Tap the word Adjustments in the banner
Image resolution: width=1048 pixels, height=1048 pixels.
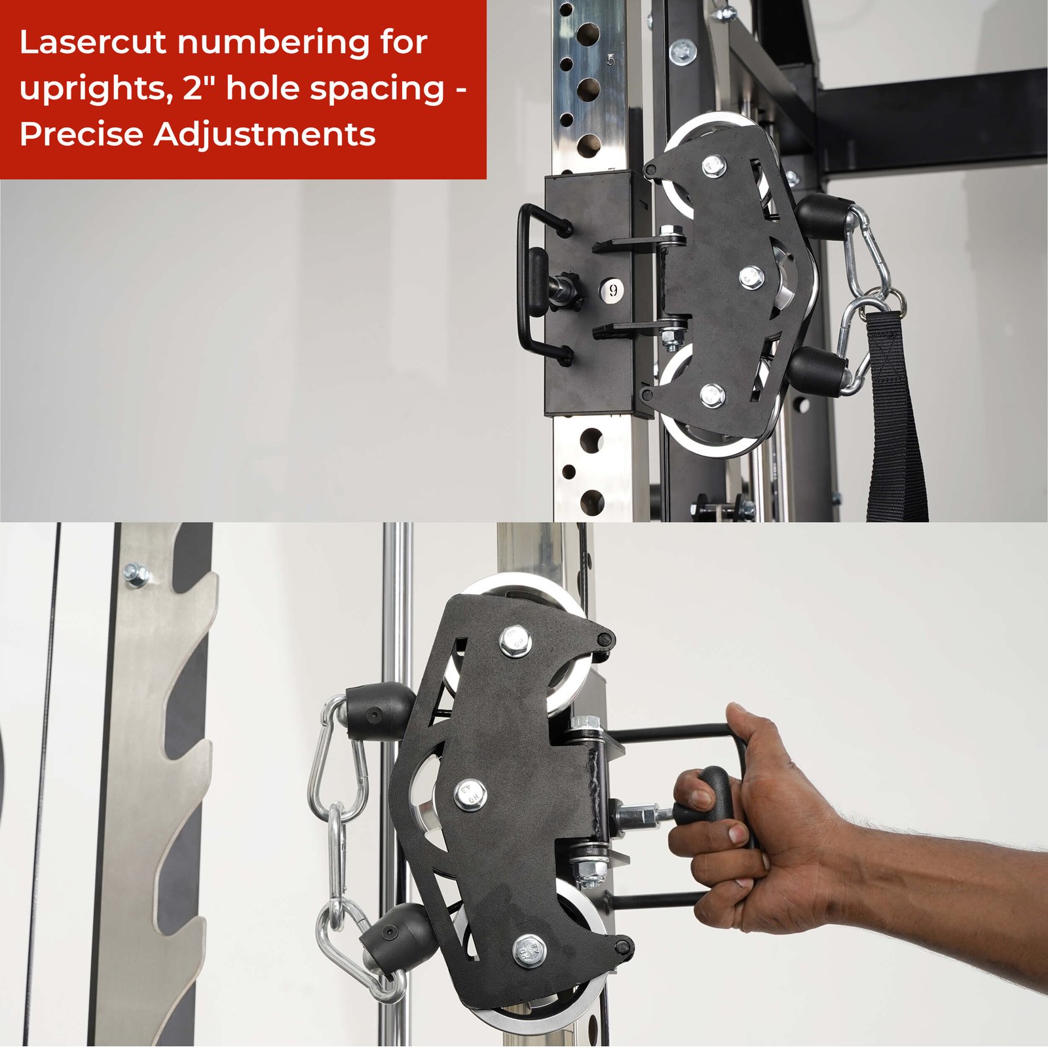[265, 135]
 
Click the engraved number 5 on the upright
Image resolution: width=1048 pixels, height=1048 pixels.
[611, 60]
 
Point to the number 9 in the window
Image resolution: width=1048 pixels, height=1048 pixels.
[613, 289]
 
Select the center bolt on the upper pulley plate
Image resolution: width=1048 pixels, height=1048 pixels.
[751, 276]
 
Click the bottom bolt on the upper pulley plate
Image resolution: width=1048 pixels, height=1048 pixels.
[712, 394]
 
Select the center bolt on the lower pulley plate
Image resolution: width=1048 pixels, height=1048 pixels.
[470, 795]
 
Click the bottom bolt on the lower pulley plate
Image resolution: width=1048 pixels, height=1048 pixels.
[529, 951]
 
